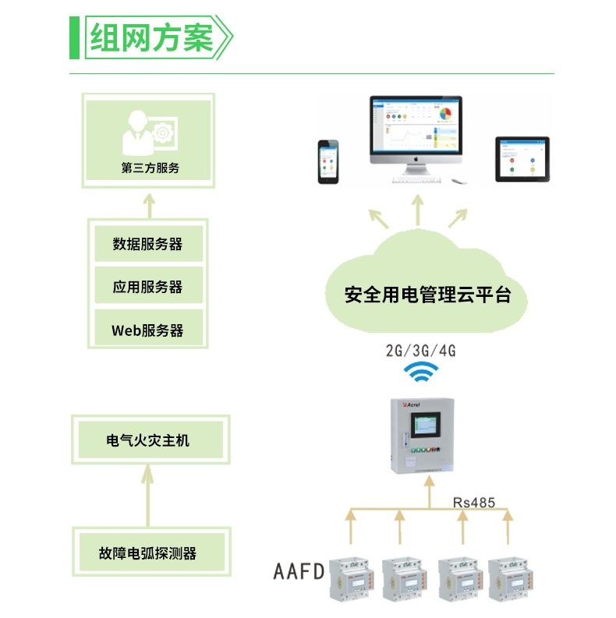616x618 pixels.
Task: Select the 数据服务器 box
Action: pyautogui.click(x=148, y=244)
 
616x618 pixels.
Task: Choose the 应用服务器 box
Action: pyautogui.click(x=148, y=287)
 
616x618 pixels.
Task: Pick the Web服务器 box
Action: pyautogui.click(x=148, y=330)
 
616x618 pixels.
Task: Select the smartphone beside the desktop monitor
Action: pyautogui.click(x=328, y=161)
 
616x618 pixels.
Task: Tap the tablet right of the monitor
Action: pyautogui.click(x=522, y=158)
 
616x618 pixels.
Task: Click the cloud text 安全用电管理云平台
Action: pyautogui.click(x=427, y=295)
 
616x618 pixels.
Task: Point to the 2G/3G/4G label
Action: pyautogui.click(x=420, y=351)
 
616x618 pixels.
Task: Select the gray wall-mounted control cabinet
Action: pyautogui.click(x=422, y=436)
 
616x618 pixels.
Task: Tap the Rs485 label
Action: pyautogui.click(x=473, y=503)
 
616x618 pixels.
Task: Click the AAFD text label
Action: pyautogui.click(x=299, y=573)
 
